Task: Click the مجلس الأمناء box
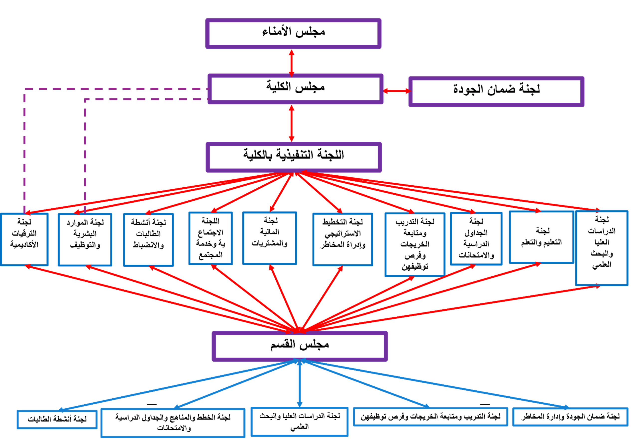pyautogui.click(x=293, y=34)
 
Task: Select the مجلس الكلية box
pyautogui.click(x=295, y=89)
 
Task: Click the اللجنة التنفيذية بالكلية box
pyautogui.click(x=294, y=157)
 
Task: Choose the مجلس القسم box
pyautogui.click(x=300, y=346)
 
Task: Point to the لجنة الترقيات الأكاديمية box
pyautogui.click(x=24, y=239)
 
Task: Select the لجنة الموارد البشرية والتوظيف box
pyautogui.click(x=85, y=240)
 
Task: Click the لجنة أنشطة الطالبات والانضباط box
pyautogui.click(x=148, y=240)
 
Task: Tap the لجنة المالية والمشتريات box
pyautogui.click(x=269, y=238)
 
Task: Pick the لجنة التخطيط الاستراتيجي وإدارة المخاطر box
pyautogui.click(x=343, y=239)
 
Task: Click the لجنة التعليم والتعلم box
pyautogui.click(x=541, y=237)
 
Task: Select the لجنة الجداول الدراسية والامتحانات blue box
pyautogui.click(x=476, y=239)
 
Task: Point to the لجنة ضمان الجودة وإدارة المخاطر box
pyautogui.click(x=570, y=417)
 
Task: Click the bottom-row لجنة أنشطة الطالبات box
pyautogui.click(x=57, y=420)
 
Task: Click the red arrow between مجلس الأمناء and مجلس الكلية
pyautogui.click(x=292, y=64)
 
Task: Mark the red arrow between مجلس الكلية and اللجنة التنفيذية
pyautogui.click(x=292, y=124)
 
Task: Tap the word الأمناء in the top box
pyautogui.click(x=278, y=32)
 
